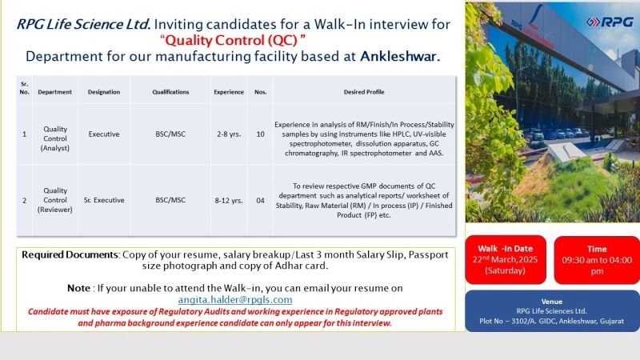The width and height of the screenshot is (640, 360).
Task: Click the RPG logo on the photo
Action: pyautogui.click(x=610, y=22)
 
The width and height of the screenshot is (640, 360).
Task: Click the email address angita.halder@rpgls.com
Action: pyautogui.click(x=235, y=299)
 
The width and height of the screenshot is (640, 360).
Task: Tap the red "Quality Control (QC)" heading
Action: pyautogui.click(x=233, y=40)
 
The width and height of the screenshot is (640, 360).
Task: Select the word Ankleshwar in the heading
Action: pyautogui.click(x=400, y=56)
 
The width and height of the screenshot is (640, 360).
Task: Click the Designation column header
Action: pyautogui.click(x=104, y=92)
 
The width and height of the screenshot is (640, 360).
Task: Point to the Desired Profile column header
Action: pyautogui.click(x=364, y=92)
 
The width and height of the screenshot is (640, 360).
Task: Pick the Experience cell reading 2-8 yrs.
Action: pyautogui.click(x=229, y=134)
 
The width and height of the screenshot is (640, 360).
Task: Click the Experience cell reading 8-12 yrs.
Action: pyautogui.click(x=229, y=201)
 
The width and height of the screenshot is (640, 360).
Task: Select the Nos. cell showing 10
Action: pyautogui.click(x=261, y=134)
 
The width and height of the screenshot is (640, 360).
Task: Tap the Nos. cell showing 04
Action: pyautogui.click(x=261, y=201)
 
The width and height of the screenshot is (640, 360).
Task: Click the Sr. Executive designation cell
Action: pyautogui.click(x=104, y=200)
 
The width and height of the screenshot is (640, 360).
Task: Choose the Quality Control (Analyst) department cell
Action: pyautogui.click(x=55, y=138)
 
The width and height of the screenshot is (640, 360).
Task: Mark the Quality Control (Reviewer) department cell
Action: pyautogui.click(x=55, y=200)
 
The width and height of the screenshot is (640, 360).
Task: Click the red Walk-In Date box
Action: pyautogui.click(x=506, y=259)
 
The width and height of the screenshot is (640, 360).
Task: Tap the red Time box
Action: pyautogui.click(x=597, y=260)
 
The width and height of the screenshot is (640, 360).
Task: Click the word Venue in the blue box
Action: pyautogui.click(x=552, y=302)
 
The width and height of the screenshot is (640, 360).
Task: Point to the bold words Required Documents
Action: pyautogui.click(x=70, y=254)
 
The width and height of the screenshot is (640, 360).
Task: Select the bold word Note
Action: pyautogui.click(x=78, y=288)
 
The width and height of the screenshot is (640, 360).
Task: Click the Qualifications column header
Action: pyautogui.click(x=170, y=92)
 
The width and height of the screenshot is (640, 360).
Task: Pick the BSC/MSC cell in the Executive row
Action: pyautogui.click(x=170, y=134)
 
